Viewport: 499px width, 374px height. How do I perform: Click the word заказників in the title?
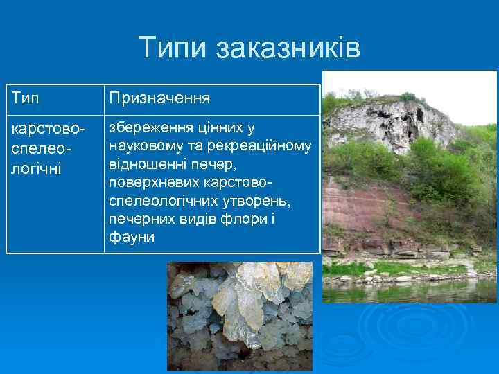tap(288, 48)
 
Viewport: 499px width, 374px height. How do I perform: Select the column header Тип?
tap(26, 99)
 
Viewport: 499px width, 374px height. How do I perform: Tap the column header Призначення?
tap(159, 99)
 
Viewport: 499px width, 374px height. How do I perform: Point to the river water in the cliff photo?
tap(409, 291)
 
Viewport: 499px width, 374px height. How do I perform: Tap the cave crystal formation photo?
tap(239, 315)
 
